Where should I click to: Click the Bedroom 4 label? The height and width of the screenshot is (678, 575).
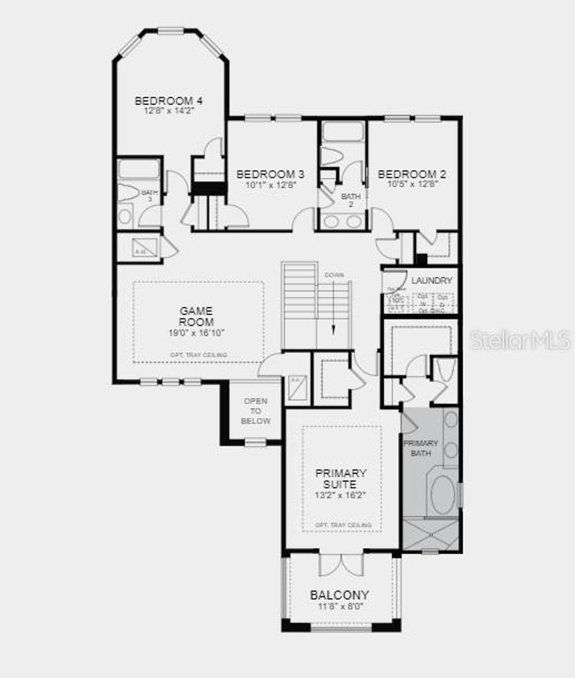click(x=168, y=101)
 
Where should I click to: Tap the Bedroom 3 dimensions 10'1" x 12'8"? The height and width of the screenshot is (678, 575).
click(x=270, y=184)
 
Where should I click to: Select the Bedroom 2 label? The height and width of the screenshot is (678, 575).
click(x=412, y=174)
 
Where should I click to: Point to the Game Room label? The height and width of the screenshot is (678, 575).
click(x=197, y=317)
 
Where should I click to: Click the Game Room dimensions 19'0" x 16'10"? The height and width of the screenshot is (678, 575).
click(x=197, y=333)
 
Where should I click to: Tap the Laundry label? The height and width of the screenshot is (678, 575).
click(x=431, y=280)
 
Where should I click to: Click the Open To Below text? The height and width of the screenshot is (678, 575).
click(x=255, y=411)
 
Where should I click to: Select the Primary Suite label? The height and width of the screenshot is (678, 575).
click(x=340, y=478)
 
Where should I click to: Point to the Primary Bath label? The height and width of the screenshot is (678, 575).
click(x=421, y=448)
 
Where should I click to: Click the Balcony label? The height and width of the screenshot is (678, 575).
click(x=340, y=595)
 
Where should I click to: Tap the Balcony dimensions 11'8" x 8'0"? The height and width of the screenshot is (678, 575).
click(x=340, y=606)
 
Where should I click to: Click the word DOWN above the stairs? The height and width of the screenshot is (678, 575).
click(x=334, y=275)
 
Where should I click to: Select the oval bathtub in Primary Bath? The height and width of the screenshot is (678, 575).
click(x=442, y=494)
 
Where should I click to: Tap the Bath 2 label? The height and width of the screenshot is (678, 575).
click(x=351, y=200)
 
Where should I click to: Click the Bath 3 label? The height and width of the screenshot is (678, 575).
click(x=149, y=195)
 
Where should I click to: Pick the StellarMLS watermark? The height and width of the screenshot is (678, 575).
click(x=520, y=340)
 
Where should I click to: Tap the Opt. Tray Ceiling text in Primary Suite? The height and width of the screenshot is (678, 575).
click(x=343, y=525)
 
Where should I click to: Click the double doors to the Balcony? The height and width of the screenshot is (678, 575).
click(x=341, y=564)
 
